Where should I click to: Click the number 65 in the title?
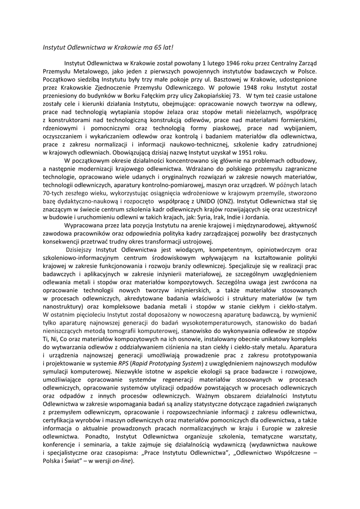[x=159, y=48]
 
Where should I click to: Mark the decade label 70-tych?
[x=54, y=192]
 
